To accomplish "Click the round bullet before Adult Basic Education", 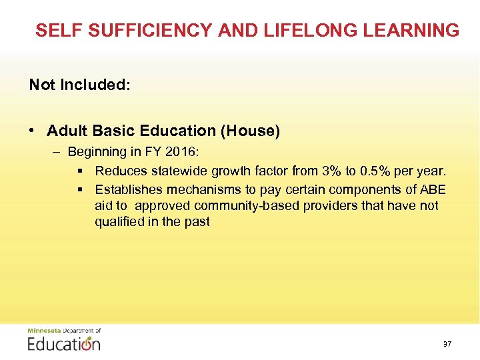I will click(x=33, y=131).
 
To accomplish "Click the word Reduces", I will click(x=120, y=171).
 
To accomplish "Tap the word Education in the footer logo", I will click(x=64, y=344).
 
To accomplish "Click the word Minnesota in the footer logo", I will click(x=43, y=331).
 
